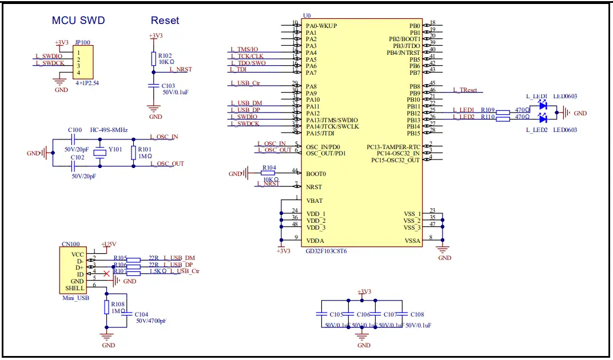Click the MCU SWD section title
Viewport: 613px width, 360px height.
(x=78, y=21)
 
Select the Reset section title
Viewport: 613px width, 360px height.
(x=165, y=21)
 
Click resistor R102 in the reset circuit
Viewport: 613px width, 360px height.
(x=153, y=58)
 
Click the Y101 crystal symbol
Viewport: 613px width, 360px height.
(x=101, y=153)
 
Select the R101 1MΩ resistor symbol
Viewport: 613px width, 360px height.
(x=133, y=153)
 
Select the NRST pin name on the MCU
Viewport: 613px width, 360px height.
(x=313, y=187)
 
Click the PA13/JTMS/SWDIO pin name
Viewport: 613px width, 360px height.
(x=332, y=119)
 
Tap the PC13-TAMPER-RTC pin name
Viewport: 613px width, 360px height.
(x=393, y=146)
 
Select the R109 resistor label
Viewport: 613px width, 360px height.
(x=487, y=109)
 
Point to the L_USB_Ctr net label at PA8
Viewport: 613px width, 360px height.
(x=245, y=83)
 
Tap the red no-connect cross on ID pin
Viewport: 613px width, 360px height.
(x=106, y=274)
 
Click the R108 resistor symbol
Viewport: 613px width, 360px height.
(x=106, y=307)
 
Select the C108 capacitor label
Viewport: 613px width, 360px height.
(x=417, y=314)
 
